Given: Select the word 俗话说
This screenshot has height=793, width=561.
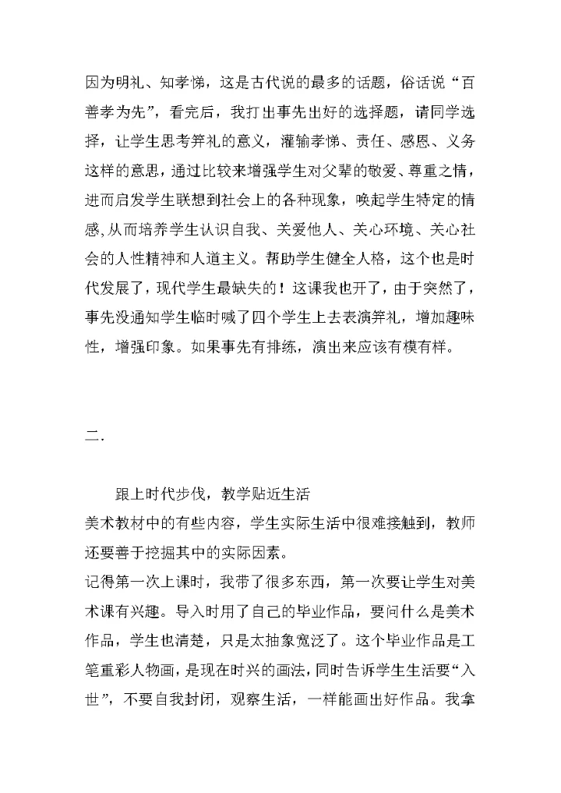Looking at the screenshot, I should tap(422, 81).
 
